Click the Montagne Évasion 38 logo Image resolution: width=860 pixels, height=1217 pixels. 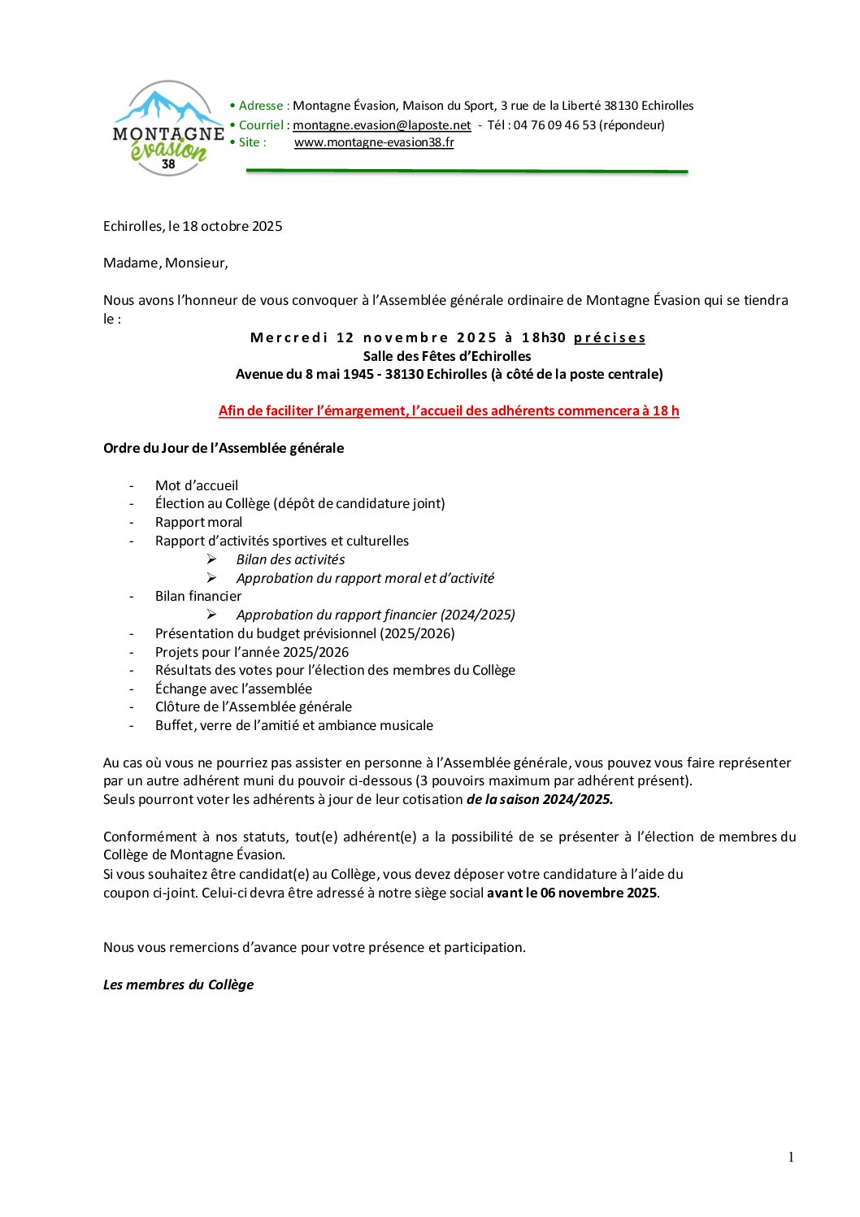(x=168, y=128)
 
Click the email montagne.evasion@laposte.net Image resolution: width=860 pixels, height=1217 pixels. (x=381, y=125)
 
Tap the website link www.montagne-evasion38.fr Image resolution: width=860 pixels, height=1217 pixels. (x=374, y=142)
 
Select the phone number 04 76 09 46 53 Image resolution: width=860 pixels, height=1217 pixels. (x=554, y=125)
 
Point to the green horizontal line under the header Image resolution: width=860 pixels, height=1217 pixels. (x=467, y=171)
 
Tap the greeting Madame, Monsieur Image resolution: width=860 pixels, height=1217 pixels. (x=165, y=263)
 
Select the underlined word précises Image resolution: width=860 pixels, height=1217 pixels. (x=610, y=337)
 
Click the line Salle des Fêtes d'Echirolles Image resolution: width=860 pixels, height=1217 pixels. (x=447, y=356)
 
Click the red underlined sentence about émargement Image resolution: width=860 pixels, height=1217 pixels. (x=449, y=411)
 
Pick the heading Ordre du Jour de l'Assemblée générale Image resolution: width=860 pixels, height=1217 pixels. (x=224, y=448)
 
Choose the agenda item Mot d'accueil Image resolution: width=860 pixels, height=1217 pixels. (x=197, y=485)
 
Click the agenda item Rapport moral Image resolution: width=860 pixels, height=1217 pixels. (x=198, y=522)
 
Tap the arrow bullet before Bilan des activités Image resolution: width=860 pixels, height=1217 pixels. (x=211, y=559)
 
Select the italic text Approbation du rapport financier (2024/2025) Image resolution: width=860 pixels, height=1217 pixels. (x=376, y=615)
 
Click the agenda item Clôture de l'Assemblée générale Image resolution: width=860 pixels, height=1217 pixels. (x=254, y=706)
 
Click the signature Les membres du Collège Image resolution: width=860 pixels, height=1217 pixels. (x=178, y=984)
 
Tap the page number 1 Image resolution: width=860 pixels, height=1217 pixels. (x=791, y=1157)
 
